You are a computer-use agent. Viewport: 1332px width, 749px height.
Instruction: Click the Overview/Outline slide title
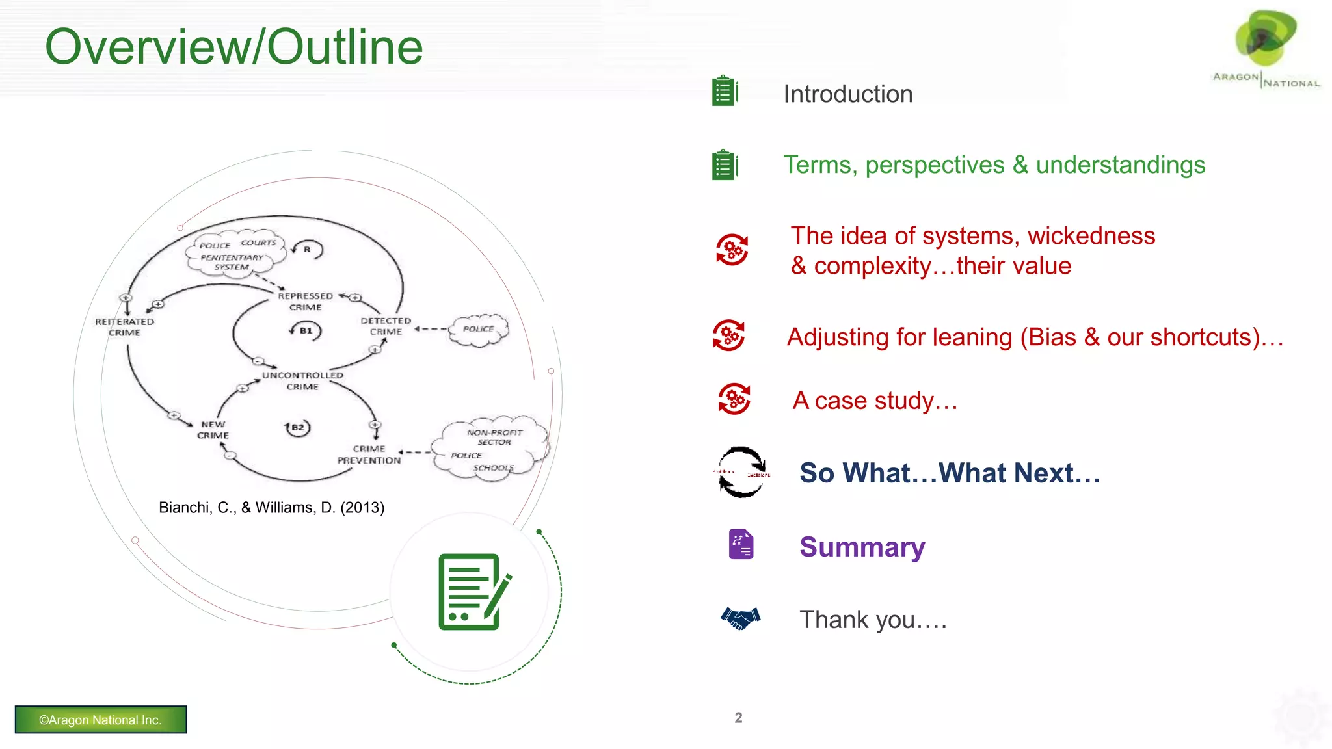[234, 47]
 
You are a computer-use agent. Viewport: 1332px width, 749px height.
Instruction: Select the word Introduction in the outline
[847, 94]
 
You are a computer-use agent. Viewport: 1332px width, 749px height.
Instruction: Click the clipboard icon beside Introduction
[725, 91]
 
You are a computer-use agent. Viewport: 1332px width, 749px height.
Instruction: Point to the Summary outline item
[862, 547]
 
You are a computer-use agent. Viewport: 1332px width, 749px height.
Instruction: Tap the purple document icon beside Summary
[741, 544]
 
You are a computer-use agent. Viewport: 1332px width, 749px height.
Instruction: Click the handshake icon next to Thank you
[740, 618]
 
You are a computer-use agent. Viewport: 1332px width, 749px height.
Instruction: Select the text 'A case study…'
[875, 401]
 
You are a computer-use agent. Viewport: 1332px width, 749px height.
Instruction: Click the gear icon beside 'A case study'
[734, 399]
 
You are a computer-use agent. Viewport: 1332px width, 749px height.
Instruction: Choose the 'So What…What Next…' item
[950, 473]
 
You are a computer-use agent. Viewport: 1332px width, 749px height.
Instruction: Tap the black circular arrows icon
[741, 472]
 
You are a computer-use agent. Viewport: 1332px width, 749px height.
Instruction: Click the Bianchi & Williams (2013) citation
[271, 507]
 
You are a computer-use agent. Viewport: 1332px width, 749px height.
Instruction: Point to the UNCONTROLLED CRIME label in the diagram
[302, 381]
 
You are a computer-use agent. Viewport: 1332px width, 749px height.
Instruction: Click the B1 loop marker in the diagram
[306, 330]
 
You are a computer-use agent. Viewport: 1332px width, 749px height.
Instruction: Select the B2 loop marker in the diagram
[297, 427]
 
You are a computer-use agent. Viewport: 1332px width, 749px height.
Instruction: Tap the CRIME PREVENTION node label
[369, 454]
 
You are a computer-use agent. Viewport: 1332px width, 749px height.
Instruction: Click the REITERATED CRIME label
[124, 327]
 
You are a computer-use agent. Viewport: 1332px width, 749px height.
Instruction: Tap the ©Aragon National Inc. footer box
[101, 720]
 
